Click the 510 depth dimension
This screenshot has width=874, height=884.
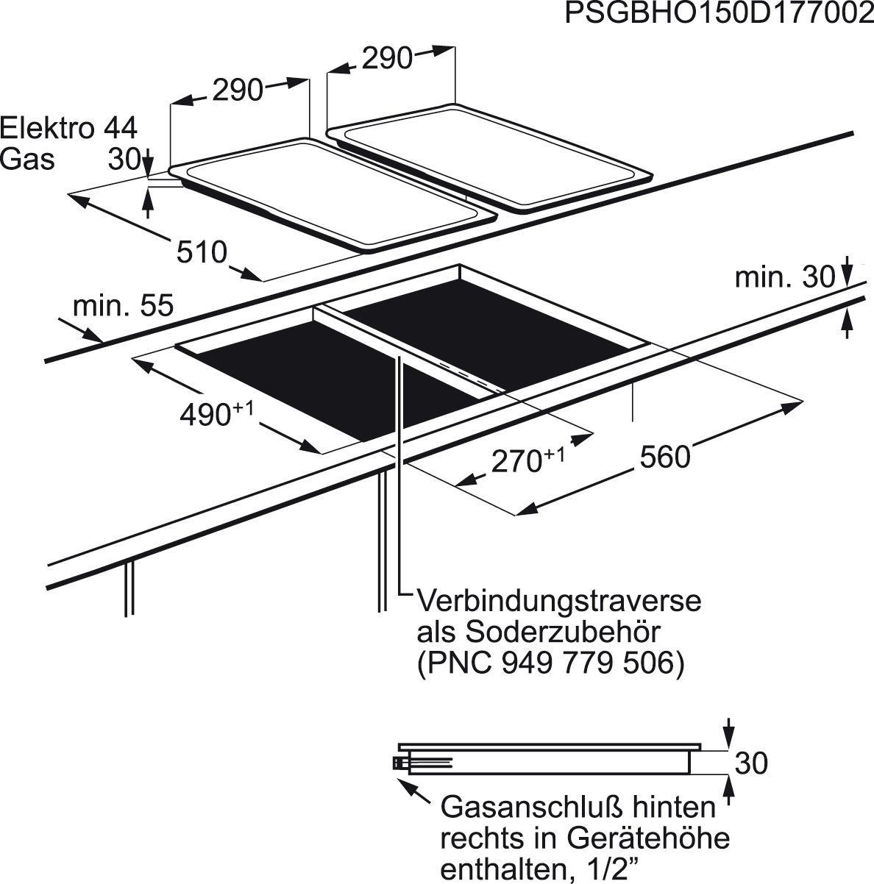(202, 252)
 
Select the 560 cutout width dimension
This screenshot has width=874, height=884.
(665, 457)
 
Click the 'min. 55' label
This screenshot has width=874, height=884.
(123, 306)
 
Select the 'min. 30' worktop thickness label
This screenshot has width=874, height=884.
(785, 277)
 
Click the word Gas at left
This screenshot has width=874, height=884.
(27, 159)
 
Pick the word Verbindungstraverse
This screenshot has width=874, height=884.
(559, 601)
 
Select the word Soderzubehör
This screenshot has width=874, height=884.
(564, 632)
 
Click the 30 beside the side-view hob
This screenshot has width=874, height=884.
(751, 763)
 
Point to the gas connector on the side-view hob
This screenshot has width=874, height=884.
(399, 763)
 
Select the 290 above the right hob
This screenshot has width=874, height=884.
(388, 59)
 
